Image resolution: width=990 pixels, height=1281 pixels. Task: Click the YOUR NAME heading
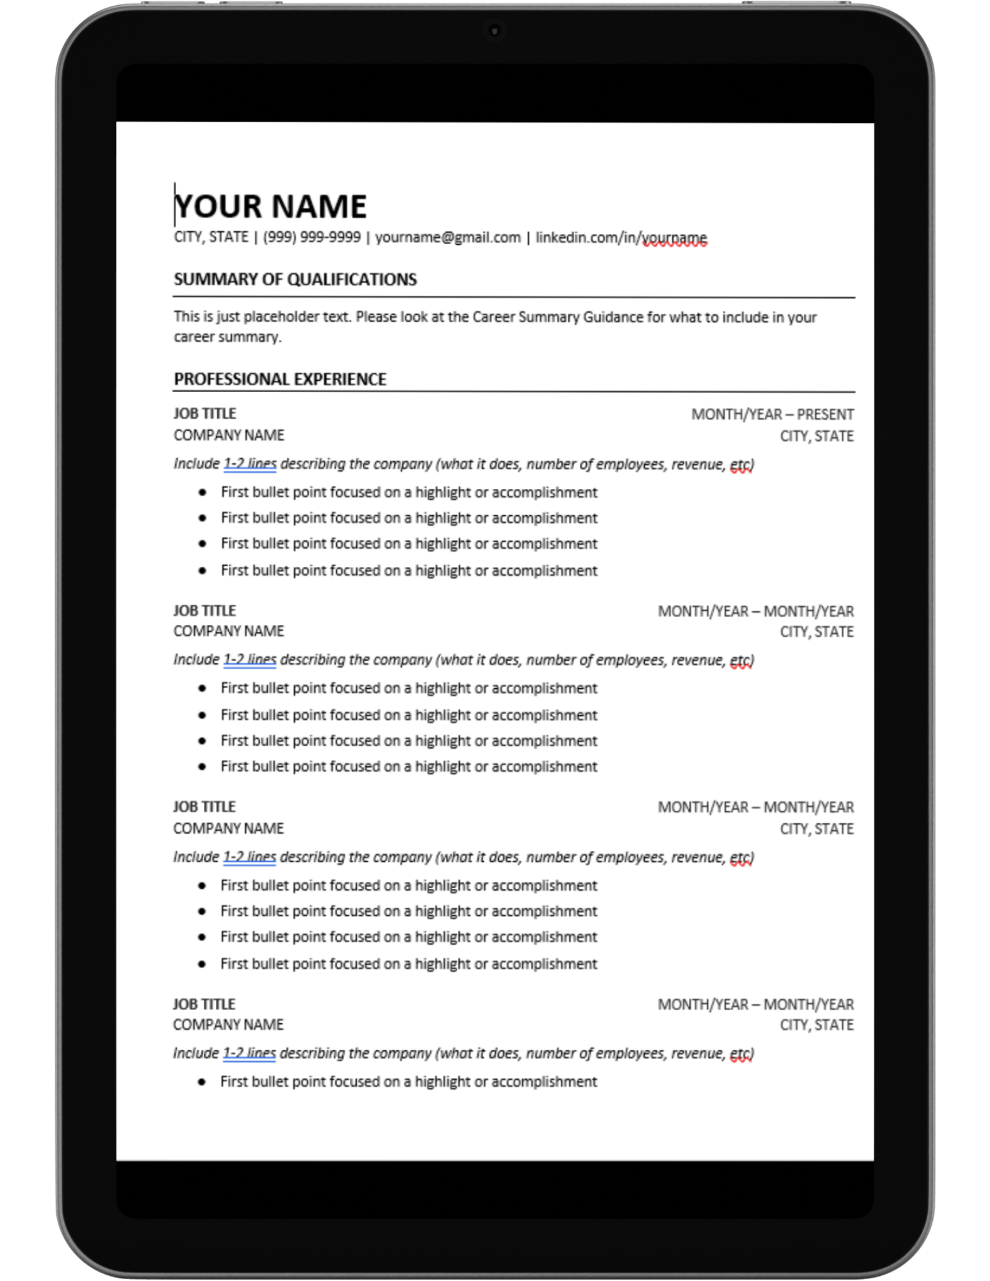pos(270,207)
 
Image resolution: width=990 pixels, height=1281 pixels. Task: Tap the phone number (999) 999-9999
pos(311,238)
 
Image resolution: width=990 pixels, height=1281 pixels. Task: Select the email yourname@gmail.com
pos(448,238)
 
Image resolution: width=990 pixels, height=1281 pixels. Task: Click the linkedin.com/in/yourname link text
pos(621,238)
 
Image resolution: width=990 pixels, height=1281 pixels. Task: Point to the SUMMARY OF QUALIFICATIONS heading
pos(295,279)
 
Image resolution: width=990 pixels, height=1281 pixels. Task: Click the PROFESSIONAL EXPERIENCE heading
pos(280,379)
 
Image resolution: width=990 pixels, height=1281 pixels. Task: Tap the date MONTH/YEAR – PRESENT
pos(772,415)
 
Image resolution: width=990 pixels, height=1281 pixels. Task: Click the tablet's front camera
pos(495,30)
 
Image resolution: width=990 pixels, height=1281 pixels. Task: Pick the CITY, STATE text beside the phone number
pos(211,238)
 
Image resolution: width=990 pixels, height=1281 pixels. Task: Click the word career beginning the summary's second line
pos(194,337)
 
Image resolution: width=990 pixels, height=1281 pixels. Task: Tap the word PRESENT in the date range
pos(825,415)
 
